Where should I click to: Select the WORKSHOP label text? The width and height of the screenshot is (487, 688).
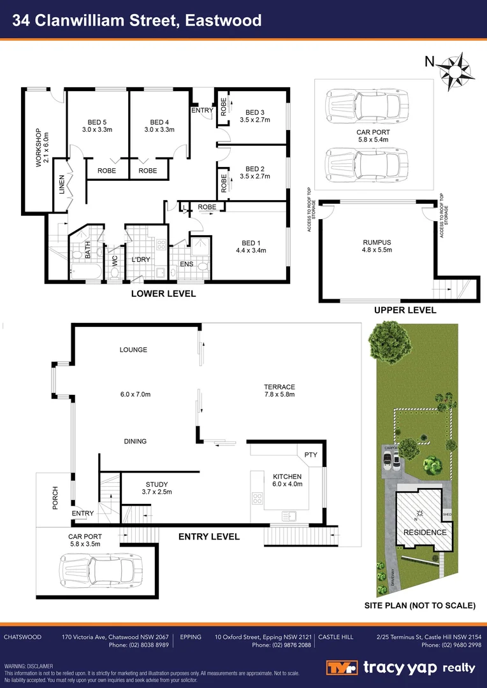click(x=38, y=147)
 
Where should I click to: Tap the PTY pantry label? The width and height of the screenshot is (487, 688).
click(x=310, y=455)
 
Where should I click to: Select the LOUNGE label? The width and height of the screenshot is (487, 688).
click(x=133, y=350)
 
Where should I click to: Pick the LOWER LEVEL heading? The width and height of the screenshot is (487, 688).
click(x=163, y=294)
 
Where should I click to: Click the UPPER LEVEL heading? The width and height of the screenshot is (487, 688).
click(x=405, y=310)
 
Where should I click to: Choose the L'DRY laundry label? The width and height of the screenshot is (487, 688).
click(x=140, y=260)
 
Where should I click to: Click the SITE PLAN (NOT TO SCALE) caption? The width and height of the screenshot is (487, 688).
click(x=419, y=606)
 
